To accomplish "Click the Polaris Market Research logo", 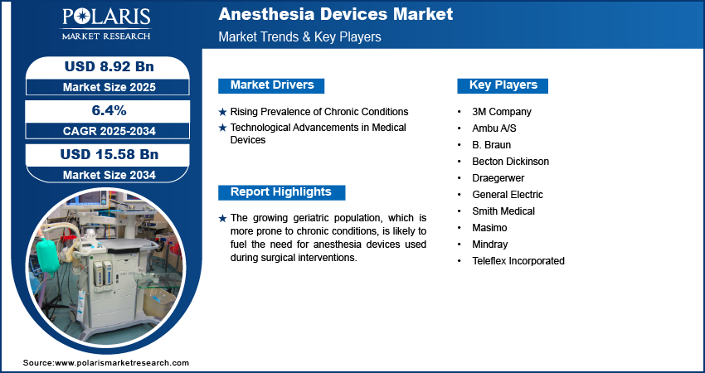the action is click(106, 24).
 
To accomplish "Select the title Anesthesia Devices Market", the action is click(336, 14).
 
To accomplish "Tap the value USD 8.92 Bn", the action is click(109, 66).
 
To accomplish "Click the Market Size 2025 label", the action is click(109, 87).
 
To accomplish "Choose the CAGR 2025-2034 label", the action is click(109, 131).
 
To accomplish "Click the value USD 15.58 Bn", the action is click(109, 154).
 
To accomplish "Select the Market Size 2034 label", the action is click(109, 175).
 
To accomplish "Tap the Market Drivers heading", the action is click(271, 85).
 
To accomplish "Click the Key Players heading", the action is click(503, 85).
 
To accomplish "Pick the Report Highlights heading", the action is click(281, 192).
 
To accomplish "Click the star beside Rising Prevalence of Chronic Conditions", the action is click(222, 113).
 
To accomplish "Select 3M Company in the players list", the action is click(501, 111).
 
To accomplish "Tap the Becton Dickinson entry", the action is click(510, 162).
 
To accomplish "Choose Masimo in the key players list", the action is click(489, 228).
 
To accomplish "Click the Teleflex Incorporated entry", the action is click(518, 260).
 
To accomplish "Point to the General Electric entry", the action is click(507, 195).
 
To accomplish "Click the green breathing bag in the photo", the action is click(47, 254).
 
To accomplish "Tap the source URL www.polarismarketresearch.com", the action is click(122, 363).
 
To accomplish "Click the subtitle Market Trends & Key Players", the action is click(299, 36).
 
